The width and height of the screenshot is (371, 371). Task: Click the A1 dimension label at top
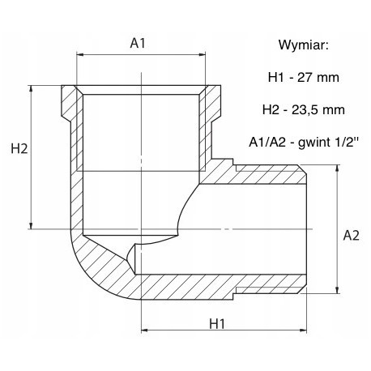(x=138, y=43)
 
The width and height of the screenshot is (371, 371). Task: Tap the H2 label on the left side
(x=19, y=148)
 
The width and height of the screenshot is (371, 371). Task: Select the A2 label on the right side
(x=351, y=236)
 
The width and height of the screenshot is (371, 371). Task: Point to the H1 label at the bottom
(x=217, y=323)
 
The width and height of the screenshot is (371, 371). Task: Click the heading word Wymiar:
(x=304, y=45)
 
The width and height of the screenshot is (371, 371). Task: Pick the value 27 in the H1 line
(x=305, y=78)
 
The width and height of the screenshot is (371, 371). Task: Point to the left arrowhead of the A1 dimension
(x=80, y=55)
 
